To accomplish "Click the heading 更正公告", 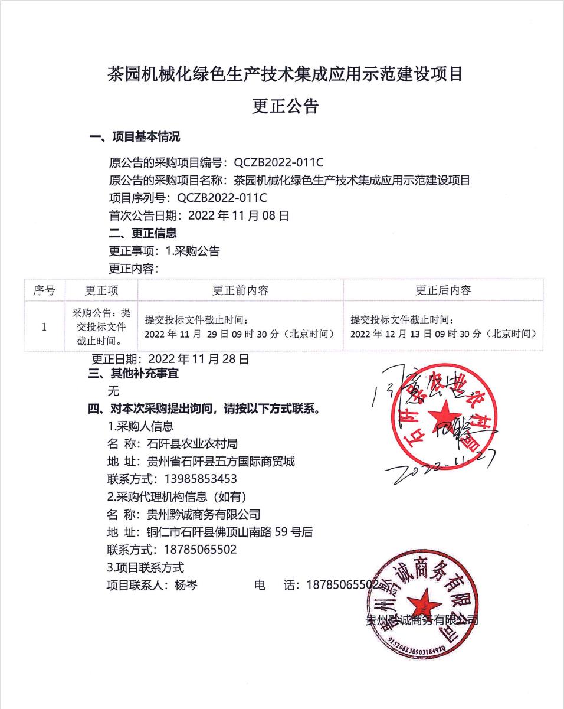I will tap(285, 106).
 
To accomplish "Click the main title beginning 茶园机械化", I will tap(285, 74).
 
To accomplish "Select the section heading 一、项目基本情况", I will tap(135, 138).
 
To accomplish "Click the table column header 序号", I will tap(44, 290).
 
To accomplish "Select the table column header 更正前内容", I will tap(241, 290).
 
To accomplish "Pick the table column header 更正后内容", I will tap(443, 290).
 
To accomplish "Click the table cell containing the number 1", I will tap(44, 326).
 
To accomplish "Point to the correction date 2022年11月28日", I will tap(199, 359).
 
